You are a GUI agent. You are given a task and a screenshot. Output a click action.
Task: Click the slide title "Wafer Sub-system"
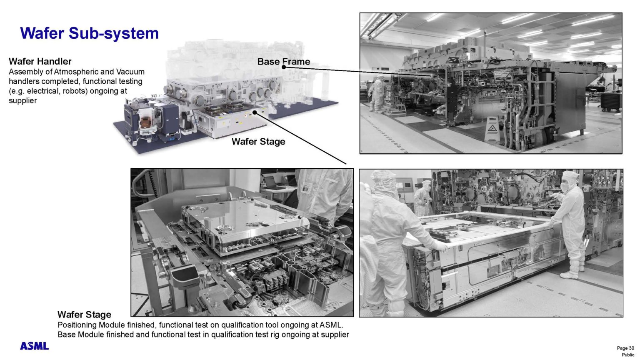(89, 33)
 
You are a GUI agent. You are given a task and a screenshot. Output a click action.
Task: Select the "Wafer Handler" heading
(40, 62)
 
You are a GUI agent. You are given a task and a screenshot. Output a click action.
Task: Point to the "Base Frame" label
(283, 62)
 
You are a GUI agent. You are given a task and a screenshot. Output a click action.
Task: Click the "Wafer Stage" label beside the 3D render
(258, 142)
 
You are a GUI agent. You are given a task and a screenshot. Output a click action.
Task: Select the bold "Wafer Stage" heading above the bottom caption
(84, 315)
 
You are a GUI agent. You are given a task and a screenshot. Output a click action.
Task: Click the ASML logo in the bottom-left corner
(34, 346)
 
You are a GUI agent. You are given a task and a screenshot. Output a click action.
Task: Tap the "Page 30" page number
(625, 348)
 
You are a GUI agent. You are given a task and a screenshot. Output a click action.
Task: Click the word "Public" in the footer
(627, 355)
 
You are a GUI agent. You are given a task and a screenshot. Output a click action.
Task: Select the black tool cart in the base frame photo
(610, 102)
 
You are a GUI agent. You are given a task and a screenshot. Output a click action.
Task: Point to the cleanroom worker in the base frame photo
(377, 94)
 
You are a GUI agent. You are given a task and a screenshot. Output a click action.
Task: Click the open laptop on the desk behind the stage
(272, 182)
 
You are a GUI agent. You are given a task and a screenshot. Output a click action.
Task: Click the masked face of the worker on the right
(566, 184)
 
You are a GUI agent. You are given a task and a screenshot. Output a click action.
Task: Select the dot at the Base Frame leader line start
(283, 67)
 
